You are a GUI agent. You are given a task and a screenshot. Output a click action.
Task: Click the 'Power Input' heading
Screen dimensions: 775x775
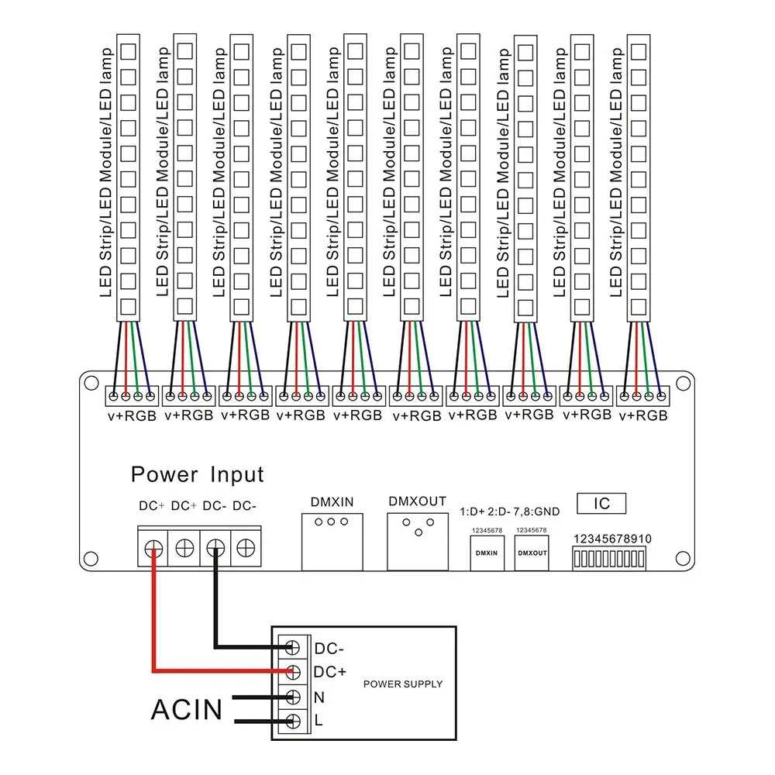pyautogui.click(x=197, y=474)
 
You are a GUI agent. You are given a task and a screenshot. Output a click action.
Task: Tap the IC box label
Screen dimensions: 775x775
pyautogui.click(x=601, y=504)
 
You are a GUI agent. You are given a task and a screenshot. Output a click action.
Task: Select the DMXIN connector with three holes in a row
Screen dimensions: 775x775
pyautogui.click(x=332, y=542)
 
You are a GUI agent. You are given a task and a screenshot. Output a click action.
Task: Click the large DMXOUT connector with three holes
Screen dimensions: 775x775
pyautogui.click(x=418, y=542)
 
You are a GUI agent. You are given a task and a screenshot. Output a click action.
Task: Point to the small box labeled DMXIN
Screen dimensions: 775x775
pyautogui.click(x=487, y=553)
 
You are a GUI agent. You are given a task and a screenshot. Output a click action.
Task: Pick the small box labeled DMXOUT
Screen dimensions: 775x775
pyautogui.click(x=532, y=553)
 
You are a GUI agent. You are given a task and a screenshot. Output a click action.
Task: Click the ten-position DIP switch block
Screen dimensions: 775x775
pyautogui.click(x=609, y=559)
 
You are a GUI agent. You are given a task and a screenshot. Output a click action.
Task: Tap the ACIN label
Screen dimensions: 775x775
pyautogui.click(x=186, y=710)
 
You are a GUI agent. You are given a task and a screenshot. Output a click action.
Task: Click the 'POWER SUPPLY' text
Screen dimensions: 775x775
pyautogui.click(x=403, y=684)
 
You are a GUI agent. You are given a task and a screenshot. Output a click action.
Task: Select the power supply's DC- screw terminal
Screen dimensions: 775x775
pyautogui.click(x=293, y=647)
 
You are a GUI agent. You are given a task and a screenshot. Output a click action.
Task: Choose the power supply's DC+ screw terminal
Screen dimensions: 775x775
pyautogui.click(x=293, y=672)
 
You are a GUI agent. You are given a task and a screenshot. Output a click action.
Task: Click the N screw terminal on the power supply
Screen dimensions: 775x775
pyautogui.click(x=293, y=697)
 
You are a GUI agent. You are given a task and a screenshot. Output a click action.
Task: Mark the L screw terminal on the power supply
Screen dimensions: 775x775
pyautogui.click(x=293, y=722)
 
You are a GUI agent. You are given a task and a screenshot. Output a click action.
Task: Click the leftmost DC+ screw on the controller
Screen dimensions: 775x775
pyautogui.click(x=153, y=549)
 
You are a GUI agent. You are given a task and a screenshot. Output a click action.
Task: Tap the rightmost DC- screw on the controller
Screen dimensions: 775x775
pyautogui.click(x=246, y=548)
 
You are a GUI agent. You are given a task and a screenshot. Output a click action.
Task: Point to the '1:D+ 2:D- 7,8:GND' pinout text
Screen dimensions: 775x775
pyautogui.click(x=510, y=511)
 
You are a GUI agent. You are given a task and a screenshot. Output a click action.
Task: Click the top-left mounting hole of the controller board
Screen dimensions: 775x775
pyautogui.click(x=91, y=383)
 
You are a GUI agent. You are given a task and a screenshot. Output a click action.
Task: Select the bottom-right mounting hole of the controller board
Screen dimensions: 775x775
pyautogui.click(x=683, y=559)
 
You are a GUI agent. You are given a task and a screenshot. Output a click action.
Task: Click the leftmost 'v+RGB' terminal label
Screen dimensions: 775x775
pyautogui.click(x=132, y=416)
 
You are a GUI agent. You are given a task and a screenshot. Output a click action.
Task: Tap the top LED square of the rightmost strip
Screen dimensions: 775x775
pyautogui.click(x=639, y=52)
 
